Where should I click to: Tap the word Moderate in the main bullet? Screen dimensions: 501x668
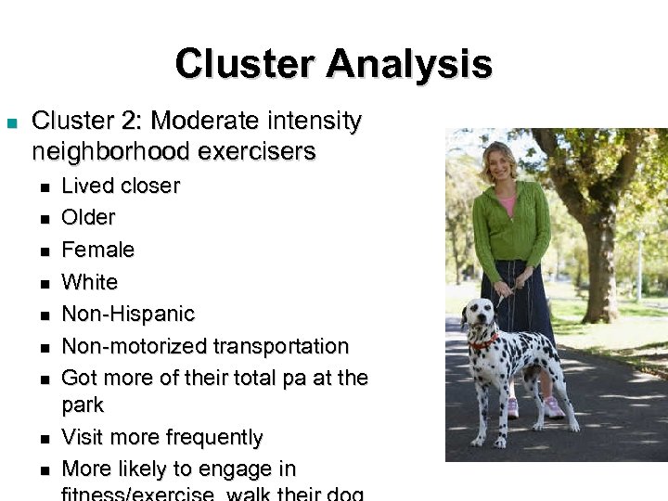(x=206, y=121)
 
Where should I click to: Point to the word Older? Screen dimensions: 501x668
(x=88, y=218)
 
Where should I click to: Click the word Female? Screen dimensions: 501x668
(x=97, y=250)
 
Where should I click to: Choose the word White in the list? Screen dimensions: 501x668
(x=89, y=282)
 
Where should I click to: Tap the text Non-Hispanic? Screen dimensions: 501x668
(x=128, y=314)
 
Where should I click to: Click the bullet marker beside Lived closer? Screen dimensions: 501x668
(x=44, y=186)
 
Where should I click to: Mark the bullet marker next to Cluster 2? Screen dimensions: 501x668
(x=12, y=122)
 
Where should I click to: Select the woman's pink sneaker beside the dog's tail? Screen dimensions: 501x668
(x=553, y=407)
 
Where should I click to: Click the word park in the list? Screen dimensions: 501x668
(x=83, y=405)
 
